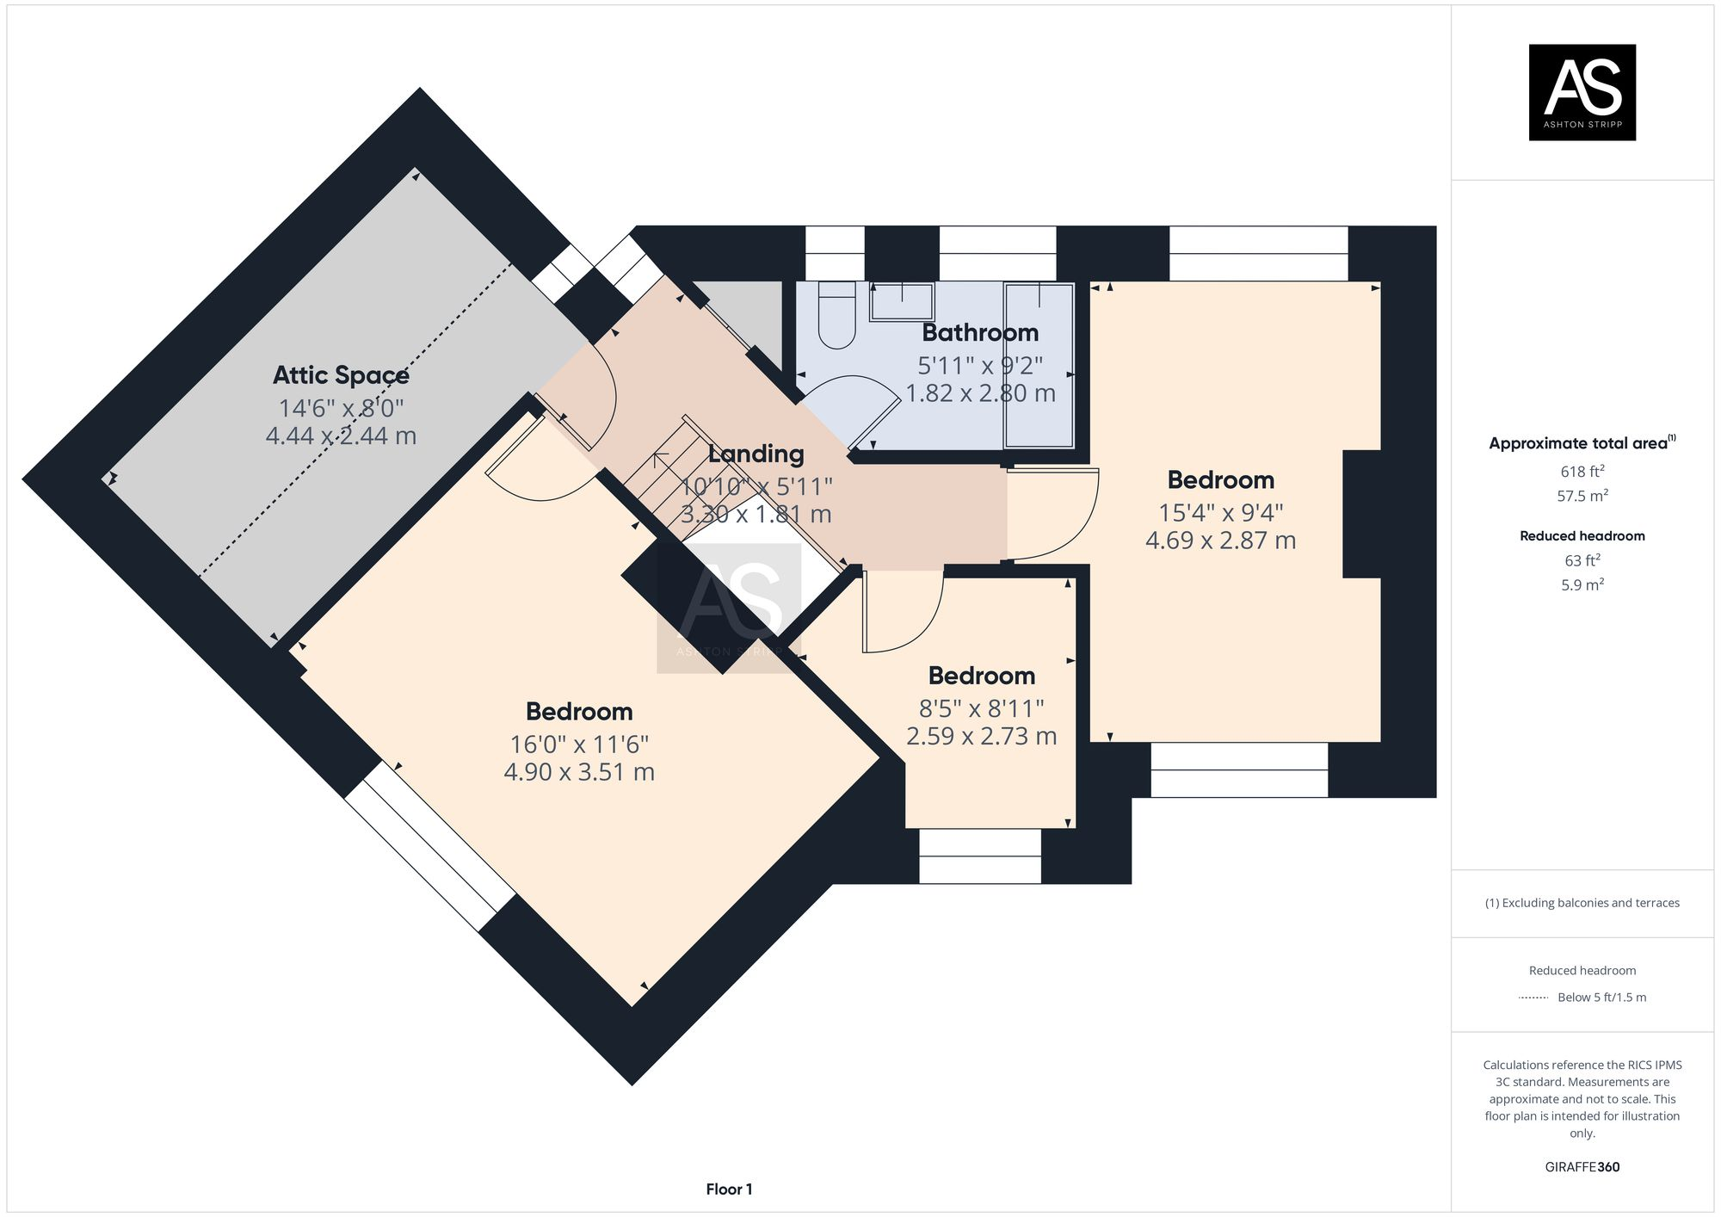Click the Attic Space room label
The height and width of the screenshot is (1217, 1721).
[x=341, y=375]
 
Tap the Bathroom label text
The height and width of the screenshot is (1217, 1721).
[x=980, y=332]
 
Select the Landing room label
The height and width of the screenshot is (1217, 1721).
[x=756, y=454]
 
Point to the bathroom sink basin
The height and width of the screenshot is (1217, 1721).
[x=901, y=301]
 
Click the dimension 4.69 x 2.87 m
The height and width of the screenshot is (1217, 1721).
[x=1220, y=541]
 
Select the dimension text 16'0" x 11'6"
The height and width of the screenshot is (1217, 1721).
[x=579, y=744]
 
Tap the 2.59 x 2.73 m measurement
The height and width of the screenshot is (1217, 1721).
[x=981, y=736]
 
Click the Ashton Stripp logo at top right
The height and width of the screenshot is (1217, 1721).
[x=1582, y=92]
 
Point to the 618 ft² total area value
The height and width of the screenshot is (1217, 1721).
[x=1582, y=472]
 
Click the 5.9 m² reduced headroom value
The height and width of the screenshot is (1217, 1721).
[x=1582, y=585]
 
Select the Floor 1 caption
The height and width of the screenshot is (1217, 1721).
[x=729, y=1189]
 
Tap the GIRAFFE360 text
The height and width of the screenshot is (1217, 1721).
[x=1582, y=1167]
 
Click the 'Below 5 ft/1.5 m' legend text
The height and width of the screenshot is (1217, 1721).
[x=1601, y=998]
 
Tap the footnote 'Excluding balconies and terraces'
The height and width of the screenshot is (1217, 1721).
[x=1582, y=903]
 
